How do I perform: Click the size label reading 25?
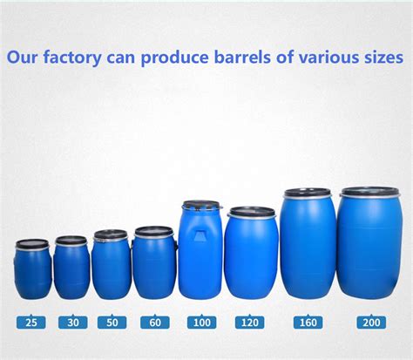coord(32,323)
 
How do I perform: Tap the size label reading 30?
coord(72,323)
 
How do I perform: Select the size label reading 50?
coord(112,323)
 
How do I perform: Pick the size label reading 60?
coord(154,323)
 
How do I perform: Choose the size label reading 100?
coord(200,323)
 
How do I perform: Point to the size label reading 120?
coord(251,323)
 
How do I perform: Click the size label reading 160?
coord(307,323)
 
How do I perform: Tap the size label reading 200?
coord(370,323)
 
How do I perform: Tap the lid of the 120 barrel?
coord(251,212)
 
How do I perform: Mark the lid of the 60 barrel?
coord(154,232)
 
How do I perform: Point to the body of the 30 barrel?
coord(71,272)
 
